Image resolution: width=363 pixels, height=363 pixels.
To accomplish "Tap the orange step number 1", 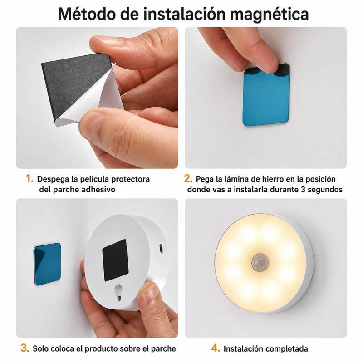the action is click(x=29, y=178).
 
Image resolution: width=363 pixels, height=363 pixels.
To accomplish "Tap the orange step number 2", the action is click(x=188, y=178).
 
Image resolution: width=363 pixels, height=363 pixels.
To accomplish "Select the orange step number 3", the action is click(x=25, y=348).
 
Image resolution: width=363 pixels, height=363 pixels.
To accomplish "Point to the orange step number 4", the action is click(x=216, y=348).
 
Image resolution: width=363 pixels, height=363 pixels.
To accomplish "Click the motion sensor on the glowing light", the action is click(x=260, y=263).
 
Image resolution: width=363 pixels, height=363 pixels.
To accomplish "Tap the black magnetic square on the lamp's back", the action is click(x=115, y=260).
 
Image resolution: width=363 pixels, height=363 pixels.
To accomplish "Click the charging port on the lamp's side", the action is click(x=161, y=248).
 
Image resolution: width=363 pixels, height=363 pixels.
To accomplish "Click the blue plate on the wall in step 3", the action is click(x=48, y=264).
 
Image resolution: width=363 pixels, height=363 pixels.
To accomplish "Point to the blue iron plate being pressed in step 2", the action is click(x=266, y=95).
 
